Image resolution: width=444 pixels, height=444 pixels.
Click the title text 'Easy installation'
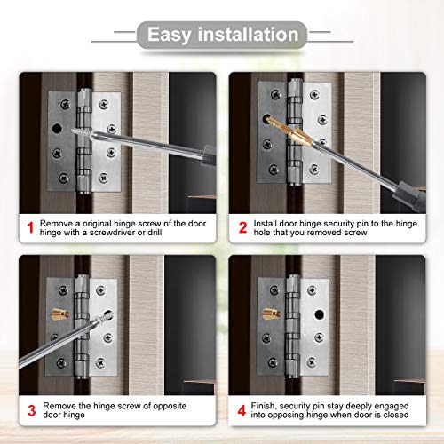pos(222,36)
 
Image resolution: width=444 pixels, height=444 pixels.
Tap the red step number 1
pos(29,228)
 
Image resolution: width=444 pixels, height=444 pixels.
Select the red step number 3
pos(29,411)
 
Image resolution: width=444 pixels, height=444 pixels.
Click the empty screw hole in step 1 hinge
pos(61,127)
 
